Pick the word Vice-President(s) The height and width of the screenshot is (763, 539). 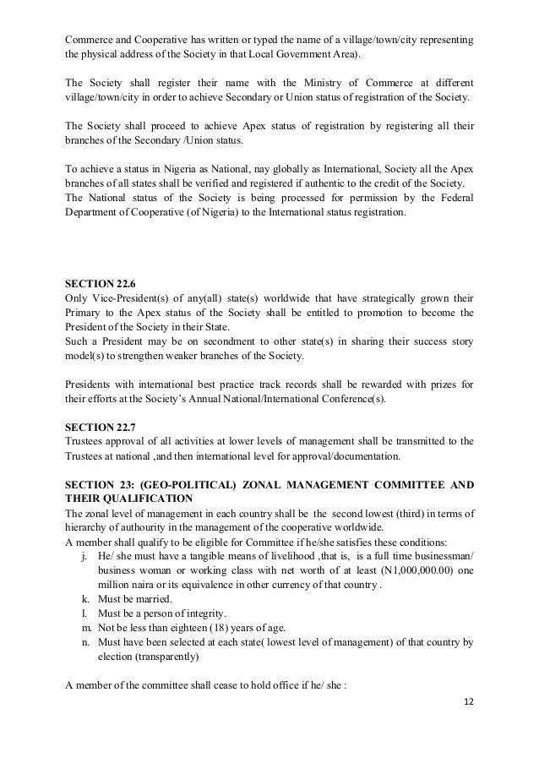pos(132,298)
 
